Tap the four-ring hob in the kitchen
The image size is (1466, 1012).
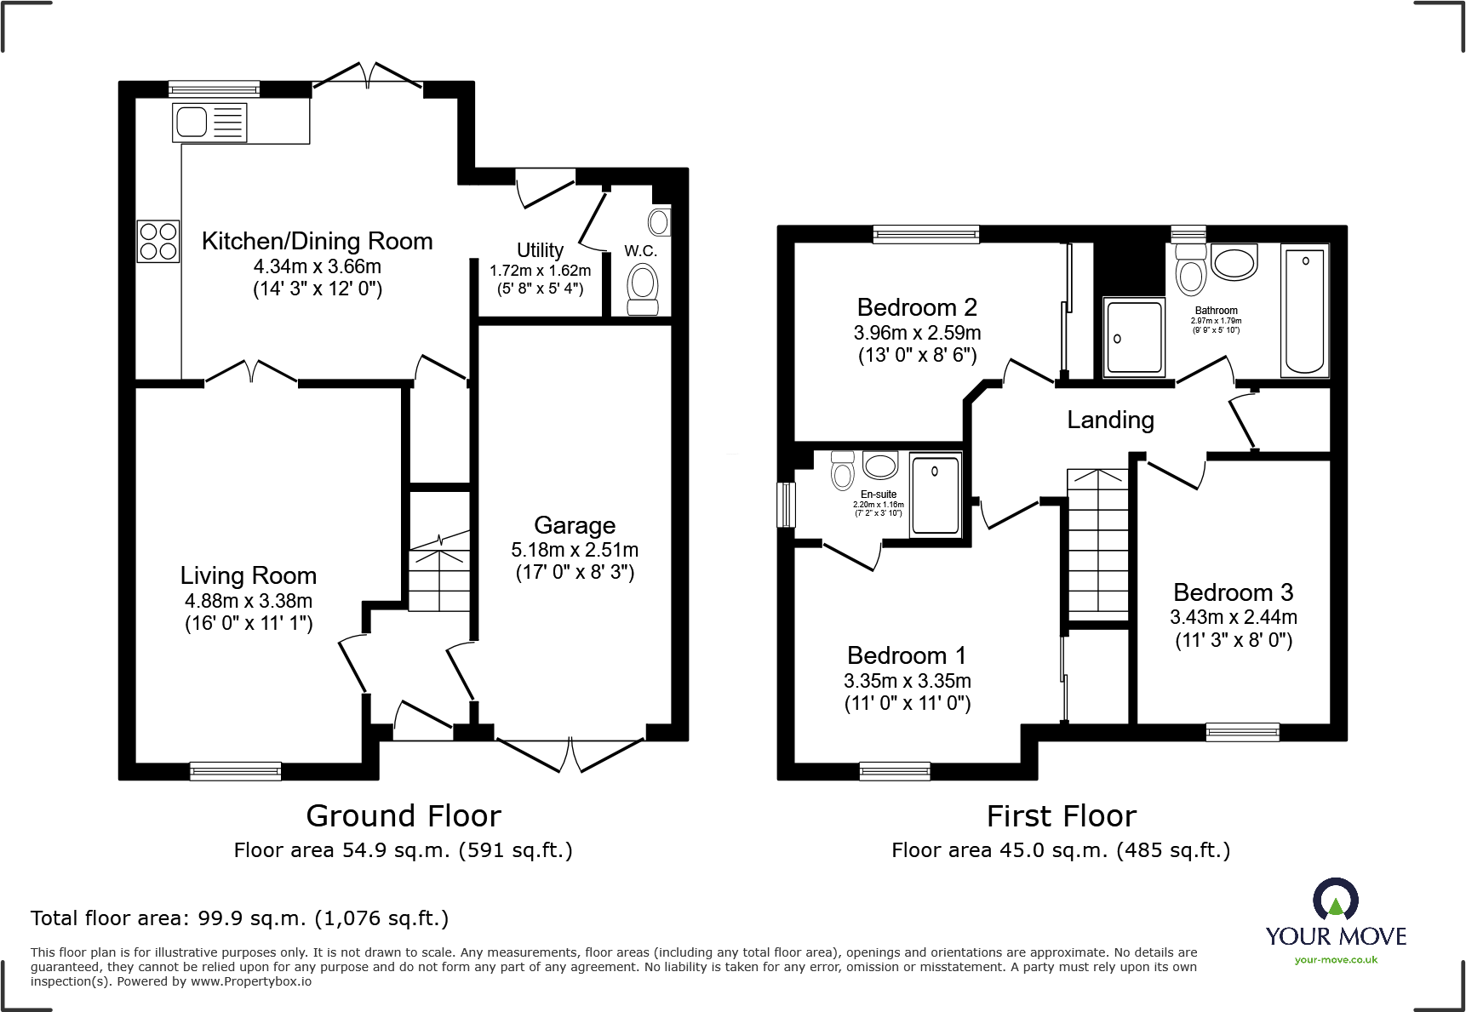[x=158, y=241]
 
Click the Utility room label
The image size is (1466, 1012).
[x=540, y=250]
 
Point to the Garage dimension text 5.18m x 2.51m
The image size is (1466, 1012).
[x=575, y=550]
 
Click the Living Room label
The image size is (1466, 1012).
[x=248, y=575]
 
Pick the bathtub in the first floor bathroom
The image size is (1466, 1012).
[x=1304, y=311]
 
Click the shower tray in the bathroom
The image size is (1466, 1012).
[x=1134, y=337]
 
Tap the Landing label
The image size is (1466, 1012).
[x=1110, y=420]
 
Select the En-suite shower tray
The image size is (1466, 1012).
[x=935, y=495]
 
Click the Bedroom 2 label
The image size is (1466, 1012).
[x=917, y=307]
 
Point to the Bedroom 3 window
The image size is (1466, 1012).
[x=1242, y=732]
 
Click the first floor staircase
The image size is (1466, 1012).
[x=1098, y=545]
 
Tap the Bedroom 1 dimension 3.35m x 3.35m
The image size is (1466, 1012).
[x=907, y=681]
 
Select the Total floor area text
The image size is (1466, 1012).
[x=239, y=918]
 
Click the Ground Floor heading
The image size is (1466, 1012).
[x=404, y=816]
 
